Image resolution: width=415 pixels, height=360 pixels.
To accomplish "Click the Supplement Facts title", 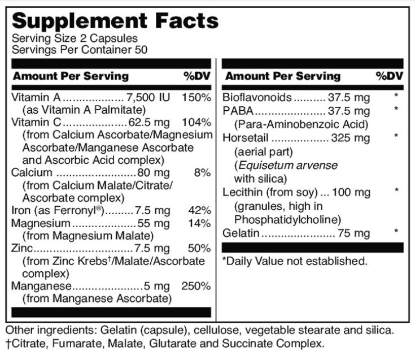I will (115, 21).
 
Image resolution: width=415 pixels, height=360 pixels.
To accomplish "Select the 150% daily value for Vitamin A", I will (196, 98).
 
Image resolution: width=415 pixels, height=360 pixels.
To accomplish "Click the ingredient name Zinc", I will (22, 248).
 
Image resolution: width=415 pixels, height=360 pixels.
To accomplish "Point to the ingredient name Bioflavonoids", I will (257, 97).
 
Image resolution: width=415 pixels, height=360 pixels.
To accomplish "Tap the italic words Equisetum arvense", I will (286, 165).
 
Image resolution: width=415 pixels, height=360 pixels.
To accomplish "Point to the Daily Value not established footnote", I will (294, 261).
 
